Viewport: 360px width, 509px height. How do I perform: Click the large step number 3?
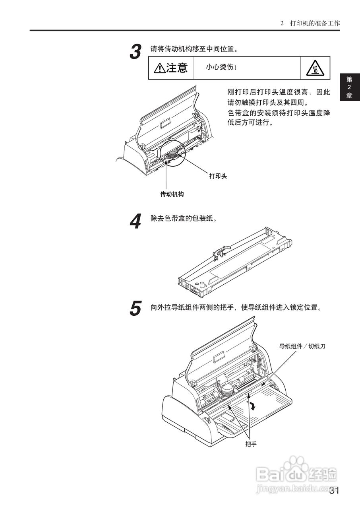coord(136,52)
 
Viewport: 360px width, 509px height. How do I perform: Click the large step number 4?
coord(136,221)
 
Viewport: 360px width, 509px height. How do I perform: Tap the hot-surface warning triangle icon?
coord(315,68)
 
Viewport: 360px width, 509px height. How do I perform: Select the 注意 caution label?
coord(171,68)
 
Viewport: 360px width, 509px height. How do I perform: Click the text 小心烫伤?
coord(221,67)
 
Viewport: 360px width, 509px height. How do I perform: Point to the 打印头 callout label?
coord(218,176)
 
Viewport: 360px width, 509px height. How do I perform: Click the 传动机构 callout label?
coord(172,194)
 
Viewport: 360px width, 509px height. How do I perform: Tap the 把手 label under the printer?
coord(251,444)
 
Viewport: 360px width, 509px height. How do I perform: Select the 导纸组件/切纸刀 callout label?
coord(302,346)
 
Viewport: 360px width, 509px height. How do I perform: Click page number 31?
coord(334,491)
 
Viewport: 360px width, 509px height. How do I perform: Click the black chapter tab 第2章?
coord(349,87)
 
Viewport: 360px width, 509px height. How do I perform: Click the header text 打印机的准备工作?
coord(315,23)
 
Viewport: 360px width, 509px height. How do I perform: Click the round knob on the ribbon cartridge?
coord(201,285)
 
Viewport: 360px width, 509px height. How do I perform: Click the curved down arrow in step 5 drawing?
coord(252,406)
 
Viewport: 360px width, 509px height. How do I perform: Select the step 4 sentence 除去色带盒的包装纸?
coord(184,219)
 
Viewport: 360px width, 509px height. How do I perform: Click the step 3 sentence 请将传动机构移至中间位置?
coord(194,49)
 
